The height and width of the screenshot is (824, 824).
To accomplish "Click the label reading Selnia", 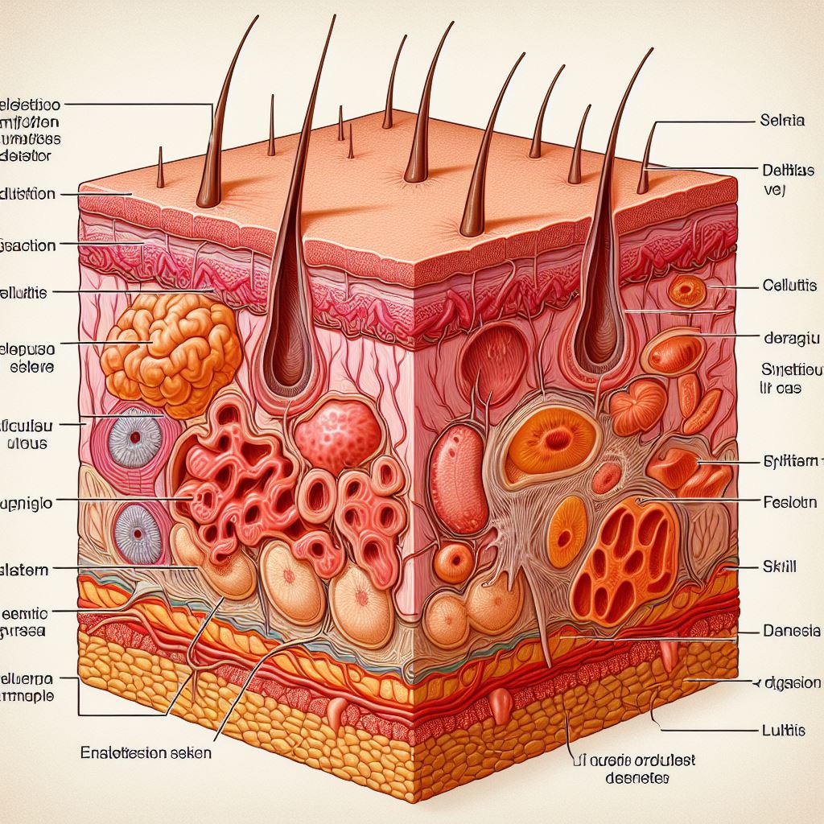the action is pyautogui.click(x=781, y=122).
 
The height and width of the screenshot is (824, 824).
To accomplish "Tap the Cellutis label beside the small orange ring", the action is pyautogui.click(x=789, y=286).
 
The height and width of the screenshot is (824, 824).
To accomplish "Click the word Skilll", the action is pyautogui.click(x=778, y=566).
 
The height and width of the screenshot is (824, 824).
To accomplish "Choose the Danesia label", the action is pyautogui.click(x=789, y=630).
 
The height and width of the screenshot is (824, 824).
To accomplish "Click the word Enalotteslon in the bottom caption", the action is pyautogui.click(x=120, y=753).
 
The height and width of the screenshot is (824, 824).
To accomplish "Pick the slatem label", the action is pyautogui.click(x=24, y=570).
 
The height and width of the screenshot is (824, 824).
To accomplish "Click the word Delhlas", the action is pyautogui.click(x=788, y=171).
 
